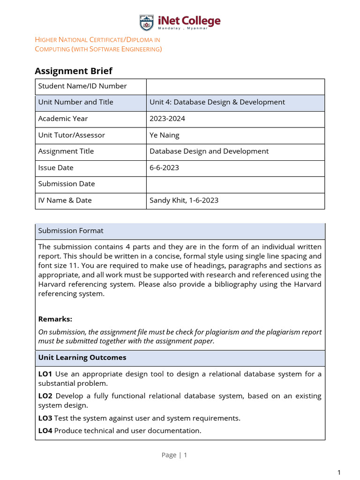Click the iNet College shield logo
click(x=146, y=22)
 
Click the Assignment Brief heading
click(x=74, y=71)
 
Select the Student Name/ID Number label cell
click(x=82, y=86)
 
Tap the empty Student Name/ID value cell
click(x=235, y=86)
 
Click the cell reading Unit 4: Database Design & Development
click(x=217, y=102)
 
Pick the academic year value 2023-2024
click(x=167, y=119)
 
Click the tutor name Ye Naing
click(x=165, y=135)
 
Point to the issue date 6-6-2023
click(x=164, y=167)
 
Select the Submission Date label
click(x=67, y=184)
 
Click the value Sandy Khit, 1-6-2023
click(x=184, y=200)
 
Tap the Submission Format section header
click(x=71, y=231)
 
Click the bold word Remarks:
click(x=55, y=319)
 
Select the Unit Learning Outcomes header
click(x=82, y=358)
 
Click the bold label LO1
click(x=45, y=374)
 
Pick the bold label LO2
click(x=45, y=396)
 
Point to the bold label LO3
click(x=45, y=418)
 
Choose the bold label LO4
click(x=45, y=430)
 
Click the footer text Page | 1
click(x=174, y=455)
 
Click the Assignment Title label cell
click(x=66, y=151)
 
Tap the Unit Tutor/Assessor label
click(x=72, y=135)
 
